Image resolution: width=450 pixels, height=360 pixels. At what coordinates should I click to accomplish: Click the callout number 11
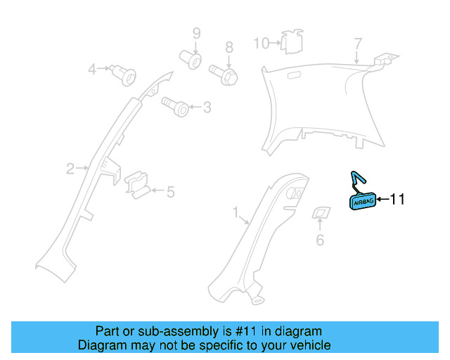pyautogui.click(x=397, y=200)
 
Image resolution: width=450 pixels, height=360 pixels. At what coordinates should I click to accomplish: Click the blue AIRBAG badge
pyautogui.click(x=363, y=201)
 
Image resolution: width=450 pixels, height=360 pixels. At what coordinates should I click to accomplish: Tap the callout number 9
pyautogui.click(x=197, y=33)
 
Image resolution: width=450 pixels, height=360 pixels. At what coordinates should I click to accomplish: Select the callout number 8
pyautogui.click(x=229, y=48)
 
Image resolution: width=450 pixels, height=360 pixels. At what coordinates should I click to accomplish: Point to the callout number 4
pyautogui.click(x=92, y=69)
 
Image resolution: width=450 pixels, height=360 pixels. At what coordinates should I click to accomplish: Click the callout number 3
pyautogui.click(x=206, y=108)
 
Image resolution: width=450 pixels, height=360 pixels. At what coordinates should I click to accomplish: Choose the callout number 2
pyautogui.click(x=70, y=168)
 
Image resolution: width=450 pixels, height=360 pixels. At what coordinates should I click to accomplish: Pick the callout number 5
pyautogui.click(x=169, y=191)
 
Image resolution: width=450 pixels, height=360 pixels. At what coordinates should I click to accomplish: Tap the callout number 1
pyautogui.click(x=236, y=211)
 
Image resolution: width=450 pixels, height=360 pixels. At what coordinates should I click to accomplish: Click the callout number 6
pyautogui.click(x=320, y=240)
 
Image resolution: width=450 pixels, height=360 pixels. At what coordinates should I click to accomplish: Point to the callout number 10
pyautogui.click(x=261, y=44)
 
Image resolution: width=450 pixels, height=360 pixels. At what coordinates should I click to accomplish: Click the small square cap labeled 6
pyautogui.click(x=321, y=213)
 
